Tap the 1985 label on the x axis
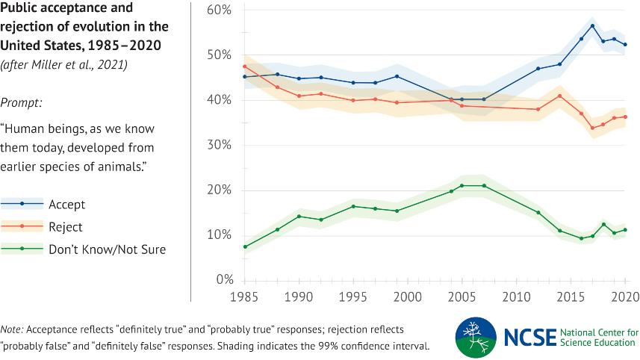pos(244,297)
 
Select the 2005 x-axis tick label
pos(462,297)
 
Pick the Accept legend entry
pos(66,204)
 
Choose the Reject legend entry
pos(66,227)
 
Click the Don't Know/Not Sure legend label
pos(107,249)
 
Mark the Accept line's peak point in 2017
pos(592,26)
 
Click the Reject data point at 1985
pos(244,66)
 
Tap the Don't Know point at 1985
pos(244,246)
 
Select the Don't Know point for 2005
pos(462,185)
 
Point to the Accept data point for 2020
pos(625,45)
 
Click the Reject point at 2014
pos(560,96)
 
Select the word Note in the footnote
pos(11,329)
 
